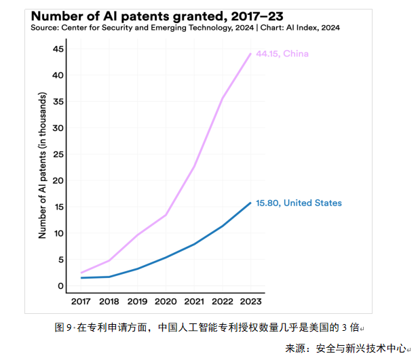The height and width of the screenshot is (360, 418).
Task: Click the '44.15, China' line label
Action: click(x=283, y=54)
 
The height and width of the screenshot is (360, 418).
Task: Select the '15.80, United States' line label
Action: click(x=299, y=203)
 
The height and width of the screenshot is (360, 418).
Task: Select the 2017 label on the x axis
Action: click(x=81, y=301)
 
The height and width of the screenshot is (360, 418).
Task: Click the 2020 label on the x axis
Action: click(x=166, y=301)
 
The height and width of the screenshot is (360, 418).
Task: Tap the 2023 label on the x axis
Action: click(x=250, y=301)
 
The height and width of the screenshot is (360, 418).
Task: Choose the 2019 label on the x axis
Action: click(x=138, y=301)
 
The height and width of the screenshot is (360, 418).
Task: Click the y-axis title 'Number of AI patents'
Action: click(x=42, y=166)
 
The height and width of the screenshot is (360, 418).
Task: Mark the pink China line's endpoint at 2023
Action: click(x=250, y=54)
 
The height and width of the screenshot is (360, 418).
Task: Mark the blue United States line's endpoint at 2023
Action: click(x=250, y=203)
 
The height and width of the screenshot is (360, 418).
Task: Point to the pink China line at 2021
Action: click(x=194, y=167)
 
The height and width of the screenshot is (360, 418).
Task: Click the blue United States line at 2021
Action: click(x=194, y=244)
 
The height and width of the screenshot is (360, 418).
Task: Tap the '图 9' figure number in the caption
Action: click(x=63, y=327)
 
